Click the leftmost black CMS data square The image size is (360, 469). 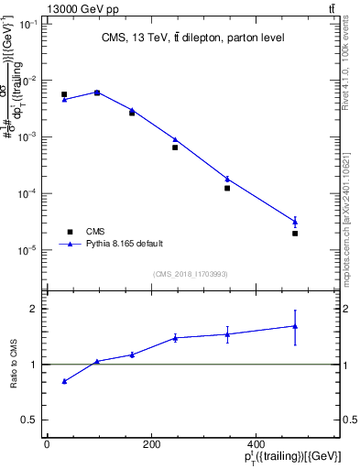(x=64, y=94)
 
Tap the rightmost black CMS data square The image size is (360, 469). (x=295, y=234)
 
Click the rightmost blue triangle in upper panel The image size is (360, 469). (x=295, y=222)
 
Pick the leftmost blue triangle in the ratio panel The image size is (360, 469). (x=64, y=381)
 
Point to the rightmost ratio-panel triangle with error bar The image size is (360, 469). (x=295, y=326)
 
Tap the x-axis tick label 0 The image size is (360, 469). (x=47, y=444)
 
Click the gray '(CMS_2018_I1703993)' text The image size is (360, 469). (x=190, y=272)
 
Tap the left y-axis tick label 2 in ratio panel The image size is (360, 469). (x=34, y=309)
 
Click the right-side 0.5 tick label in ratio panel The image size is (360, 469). (x=350, y=420)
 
